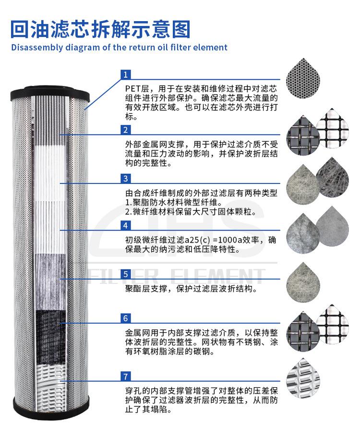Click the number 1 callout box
(x=125, y=74)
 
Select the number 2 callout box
(x=125, y=130)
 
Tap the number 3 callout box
(x=125, y=179)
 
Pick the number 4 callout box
(x=125, y=225)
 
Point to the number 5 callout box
(x=125, y=274)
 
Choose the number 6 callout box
(x=125, y=318)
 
